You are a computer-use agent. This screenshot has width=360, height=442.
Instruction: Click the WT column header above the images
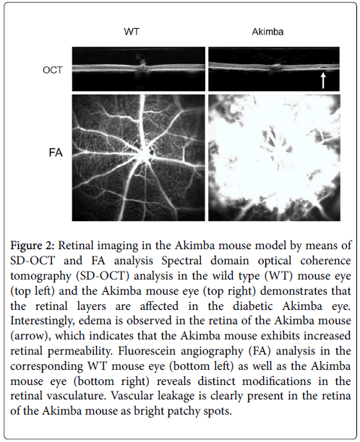tap(132, 31)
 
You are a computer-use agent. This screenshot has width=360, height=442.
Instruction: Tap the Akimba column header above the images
tap(267, 31)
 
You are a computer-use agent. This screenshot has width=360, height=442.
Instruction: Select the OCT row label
tap(53, 70)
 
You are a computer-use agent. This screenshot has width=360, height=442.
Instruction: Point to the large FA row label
tap(56, 152)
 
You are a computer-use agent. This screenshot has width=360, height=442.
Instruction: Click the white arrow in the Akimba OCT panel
tap(323, 80)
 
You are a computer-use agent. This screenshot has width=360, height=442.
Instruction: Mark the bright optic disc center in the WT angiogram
tap(145, 155)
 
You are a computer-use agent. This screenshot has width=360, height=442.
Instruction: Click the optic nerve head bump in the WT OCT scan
tap(142, 68)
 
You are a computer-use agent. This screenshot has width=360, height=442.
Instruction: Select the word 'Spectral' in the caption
tap(181, 261)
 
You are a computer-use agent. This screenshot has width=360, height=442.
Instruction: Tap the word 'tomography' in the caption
tap(40, 276)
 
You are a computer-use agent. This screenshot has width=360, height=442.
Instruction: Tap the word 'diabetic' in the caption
tap(253, 306)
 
